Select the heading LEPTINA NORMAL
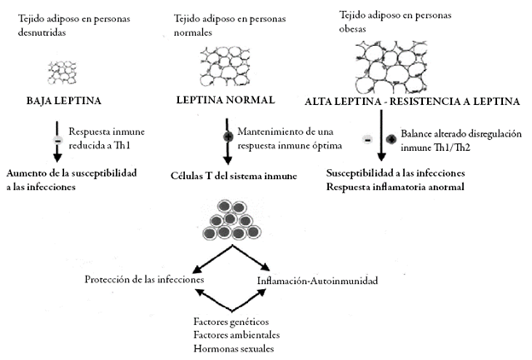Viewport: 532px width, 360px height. (226, 100)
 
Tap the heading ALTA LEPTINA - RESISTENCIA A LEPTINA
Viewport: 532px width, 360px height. (412, 102)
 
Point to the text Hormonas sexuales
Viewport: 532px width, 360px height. (226, 347)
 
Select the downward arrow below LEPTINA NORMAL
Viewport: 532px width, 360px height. (228, 147)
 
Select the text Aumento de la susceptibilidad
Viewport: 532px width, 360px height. (67, 173)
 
